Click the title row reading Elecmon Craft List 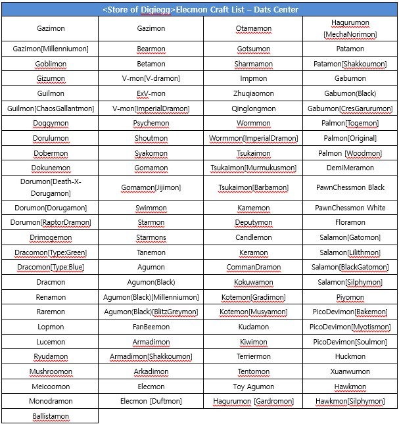pyautogui.click(x=200, y=10)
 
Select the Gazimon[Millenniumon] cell pyautogui.click(x=51, y=49)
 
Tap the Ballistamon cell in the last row pyautogui.click(x=51, y=416)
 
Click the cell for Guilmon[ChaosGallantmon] pyautogui.click(x=51, y=108)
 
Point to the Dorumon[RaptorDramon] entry pyautogui.click(x=51, y=222)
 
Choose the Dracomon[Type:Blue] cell pyautogui.click(x=51, y=268)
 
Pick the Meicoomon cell pyautogui.click(x=51, y=387)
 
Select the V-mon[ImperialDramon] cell pyautogui.click(x=151, y=108)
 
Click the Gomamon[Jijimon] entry pyautogui.click(x=151, y=187)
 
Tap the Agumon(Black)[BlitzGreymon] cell pyautogui.click(x=151, y=312)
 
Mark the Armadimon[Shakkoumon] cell pyautogui.click(x=151, y=356)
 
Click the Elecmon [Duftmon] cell pyautogui.click(x=151, y=401)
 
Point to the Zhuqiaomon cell pyautogui.click(x=253, y=93)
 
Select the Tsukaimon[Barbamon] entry pyautogui.click(x=253, y=187)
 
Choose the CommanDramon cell pyautogui.click(x=253, y=268)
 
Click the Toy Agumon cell pyautogui.click(x=253, y=387)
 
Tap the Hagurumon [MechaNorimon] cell pyautogui.click(x=350, y=28)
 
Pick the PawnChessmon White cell pyautogui.click(x=350, y=208)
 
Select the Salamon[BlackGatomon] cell pyautogui.click(x=350, y=268)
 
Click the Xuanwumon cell pyautogui.click(x=350, y=371)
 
